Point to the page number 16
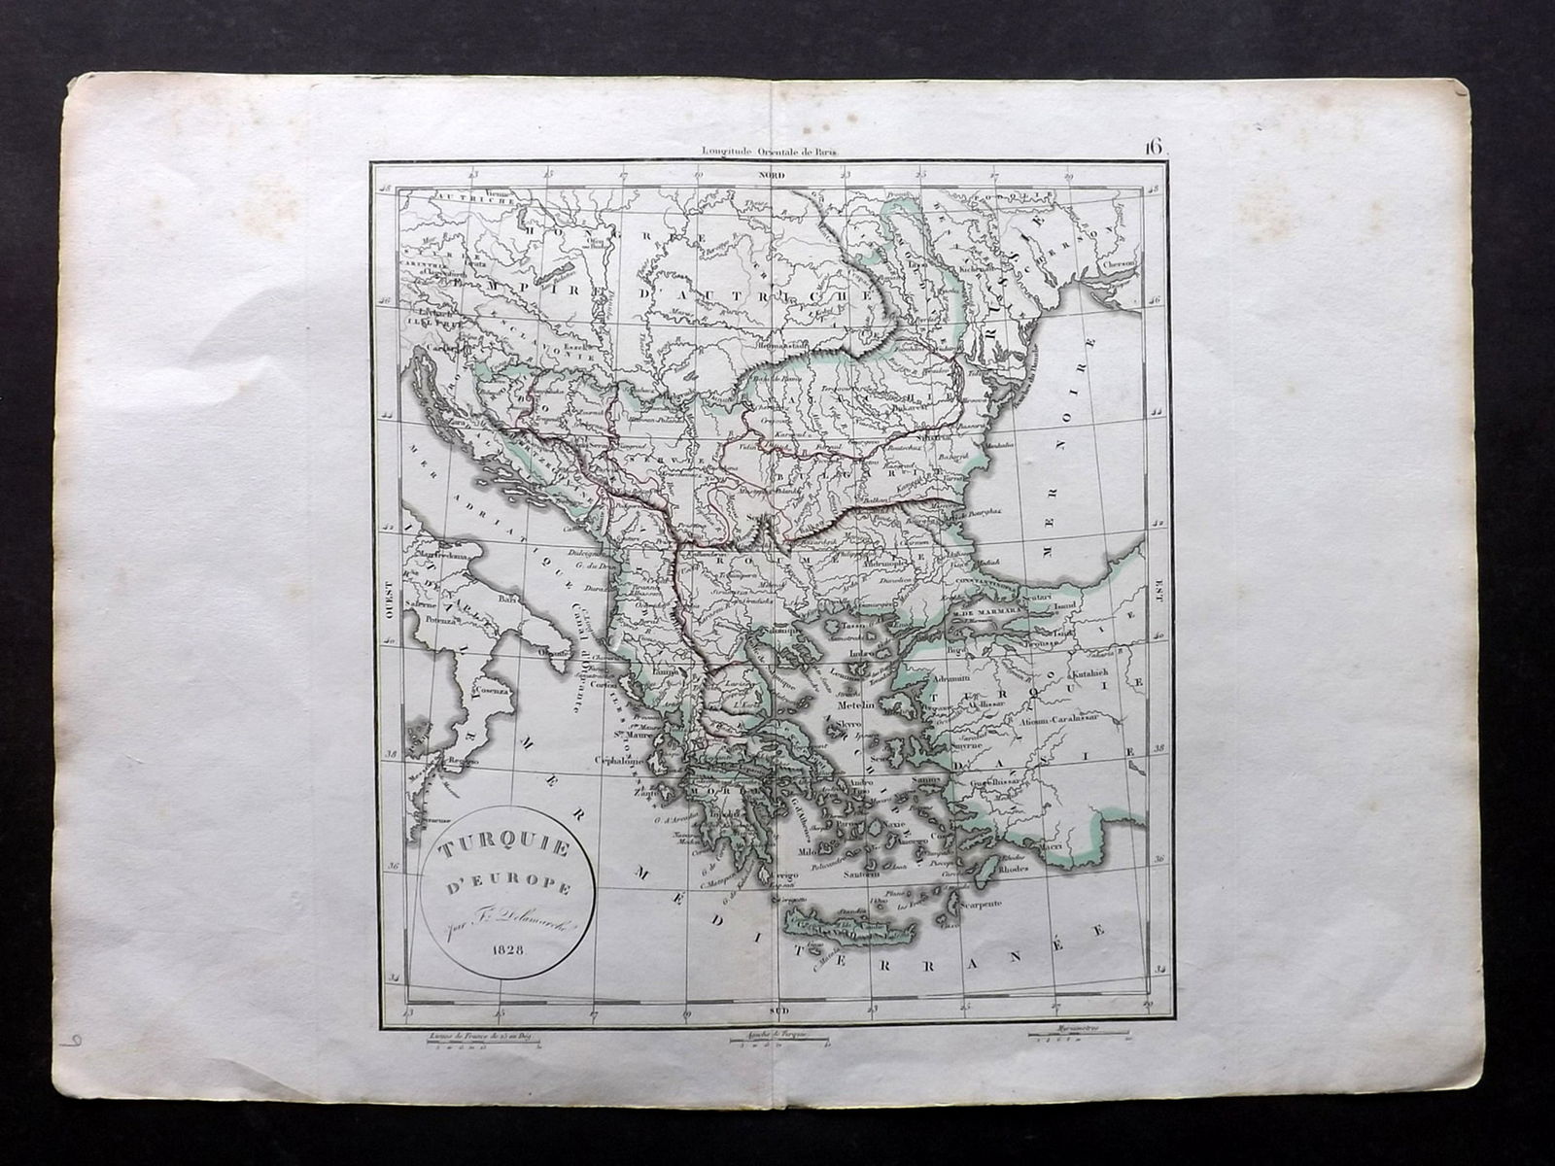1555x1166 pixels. click(1154, 147)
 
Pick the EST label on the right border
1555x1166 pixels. click(1158, 592)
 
